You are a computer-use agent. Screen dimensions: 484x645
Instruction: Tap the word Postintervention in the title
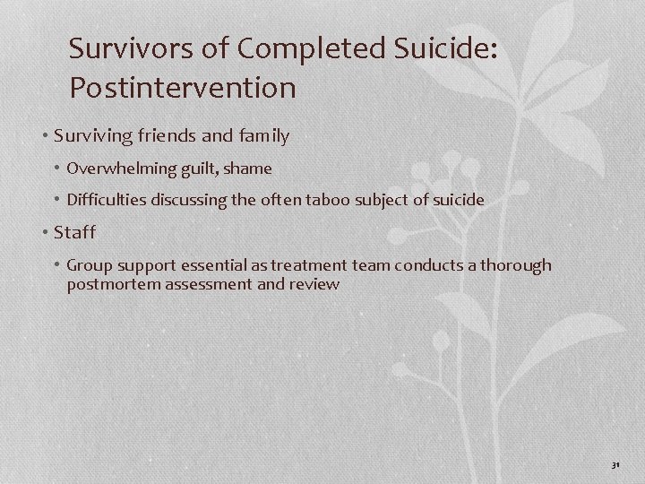point(182,88)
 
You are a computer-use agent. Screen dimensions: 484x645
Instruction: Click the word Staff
point(74,233)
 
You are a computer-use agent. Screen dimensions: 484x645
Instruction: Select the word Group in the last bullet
point(88,266)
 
